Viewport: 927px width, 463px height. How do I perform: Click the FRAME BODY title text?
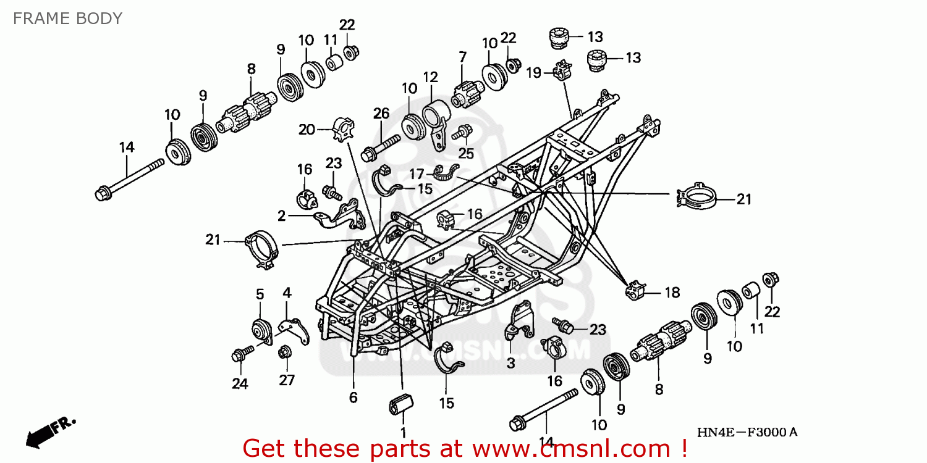tap(67, 19)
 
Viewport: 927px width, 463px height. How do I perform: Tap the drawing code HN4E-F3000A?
tap(747, 433)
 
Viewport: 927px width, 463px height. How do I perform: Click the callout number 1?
tap(403, 433)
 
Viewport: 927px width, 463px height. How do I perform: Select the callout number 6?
tap(353, 398)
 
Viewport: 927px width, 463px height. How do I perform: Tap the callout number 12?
tap(430, 78)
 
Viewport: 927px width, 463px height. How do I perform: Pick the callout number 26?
tap(381, 114)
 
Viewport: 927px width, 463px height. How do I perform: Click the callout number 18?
tap(672, 293)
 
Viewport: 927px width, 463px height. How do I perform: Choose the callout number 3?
tap(510, 364)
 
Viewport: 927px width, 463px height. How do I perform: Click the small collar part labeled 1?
tap(400, 406)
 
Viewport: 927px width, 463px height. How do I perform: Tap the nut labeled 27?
tap(285, 352)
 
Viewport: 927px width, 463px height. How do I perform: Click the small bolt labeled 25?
tap(462, 132)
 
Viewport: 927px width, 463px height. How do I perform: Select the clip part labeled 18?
tap(635, 290)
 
